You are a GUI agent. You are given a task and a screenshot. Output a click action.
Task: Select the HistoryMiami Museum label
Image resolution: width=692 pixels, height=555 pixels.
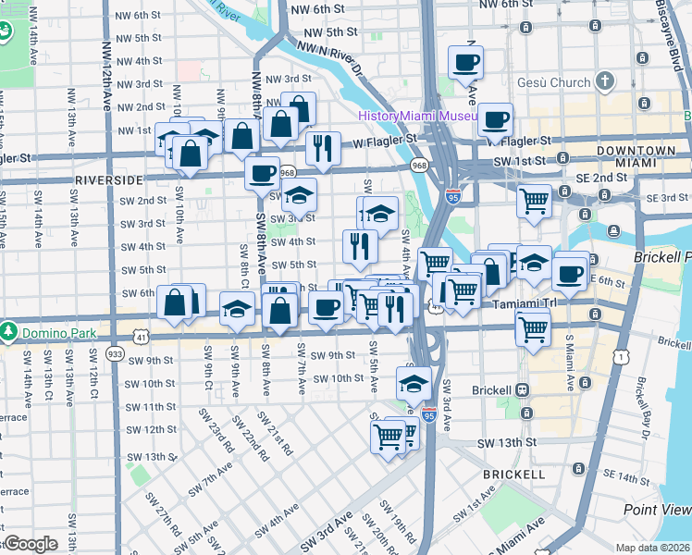tap(417, 116)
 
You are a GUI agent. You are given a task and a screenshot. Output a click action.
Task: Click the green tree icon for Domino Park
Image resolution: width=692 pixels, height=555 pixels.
tap(9, 330)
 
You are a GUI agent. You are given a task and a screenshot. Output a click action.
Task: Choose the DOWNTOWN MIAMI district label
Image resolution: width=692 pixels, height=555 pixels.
tap(636, 156)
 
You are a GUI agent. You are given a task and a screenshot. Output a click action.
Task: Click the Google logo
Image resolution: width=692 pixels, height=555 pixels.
tap(31, 544)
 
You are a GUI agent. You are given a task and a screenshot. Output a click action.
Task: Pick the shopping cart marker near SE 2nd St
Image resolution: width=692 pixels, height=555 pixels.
tap(534, 202)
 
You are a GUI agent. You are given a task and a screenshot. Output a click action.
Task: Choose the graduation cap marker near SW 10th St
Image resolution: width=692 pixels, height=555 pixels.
tap(414, 382)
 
